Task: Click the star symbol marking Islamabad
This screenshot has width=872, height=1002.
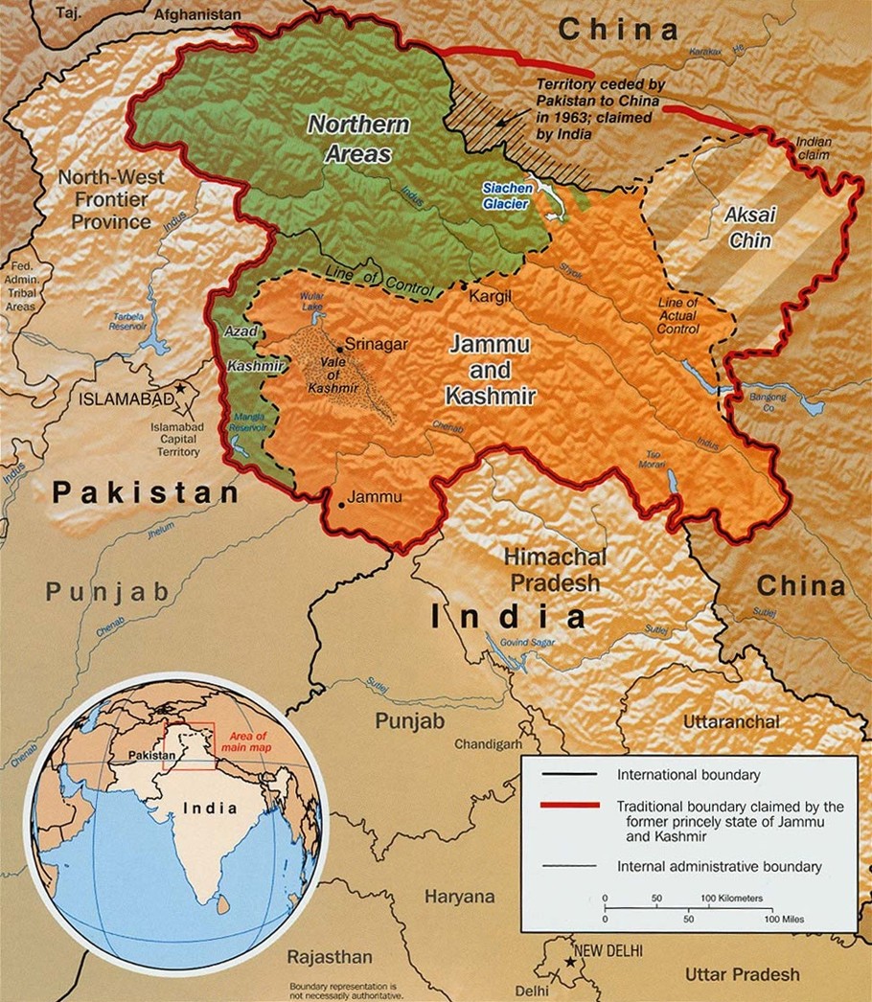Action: pos(179,391)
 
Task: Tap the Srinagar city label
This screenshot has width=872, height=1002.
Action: pos(377,344)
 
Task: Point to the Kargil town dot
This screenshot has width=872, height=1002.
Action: pos(463,286)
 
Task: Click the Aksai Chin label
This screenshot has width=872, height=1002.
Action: pos(750,228)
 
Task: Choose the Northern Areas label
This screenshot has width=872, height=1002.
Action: pos(357,139)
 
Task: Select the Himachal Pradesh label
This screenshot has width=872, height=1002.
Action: pos(555,569)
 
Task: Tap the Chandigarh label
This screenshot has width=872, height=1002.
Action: pos(488,743)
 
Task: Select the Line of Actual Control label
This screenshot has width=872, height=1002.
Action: pos(677,315)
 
